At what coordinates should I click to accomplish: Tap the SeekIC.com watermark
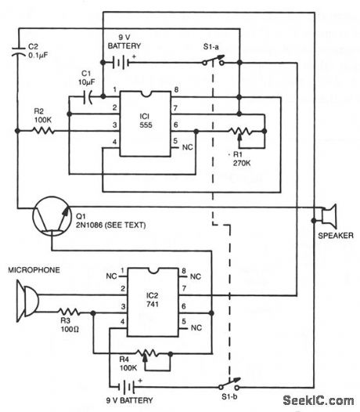point(319,400)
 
